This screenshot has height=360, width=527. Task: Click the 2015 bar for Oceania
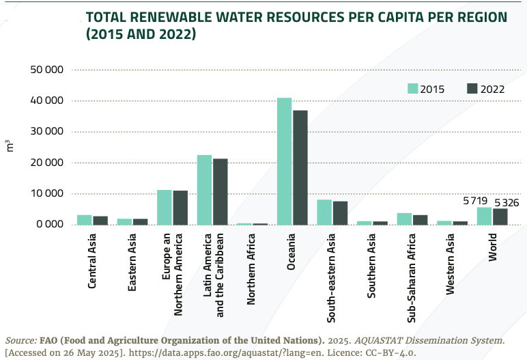284,161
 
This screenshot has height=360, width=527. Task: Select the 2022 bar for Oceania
300,167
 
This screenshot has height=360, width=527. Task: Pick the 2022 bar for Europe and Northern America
180,208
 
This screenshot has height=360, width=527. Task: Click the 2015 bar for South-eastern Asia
324,212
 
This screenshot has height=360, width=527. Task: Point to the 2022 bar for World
500,217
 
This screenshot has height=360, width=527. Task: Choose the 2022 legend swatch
472,87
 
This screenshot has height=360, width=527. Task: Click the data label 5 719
475,201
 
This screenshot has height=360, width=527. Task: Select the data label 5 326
507,202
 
